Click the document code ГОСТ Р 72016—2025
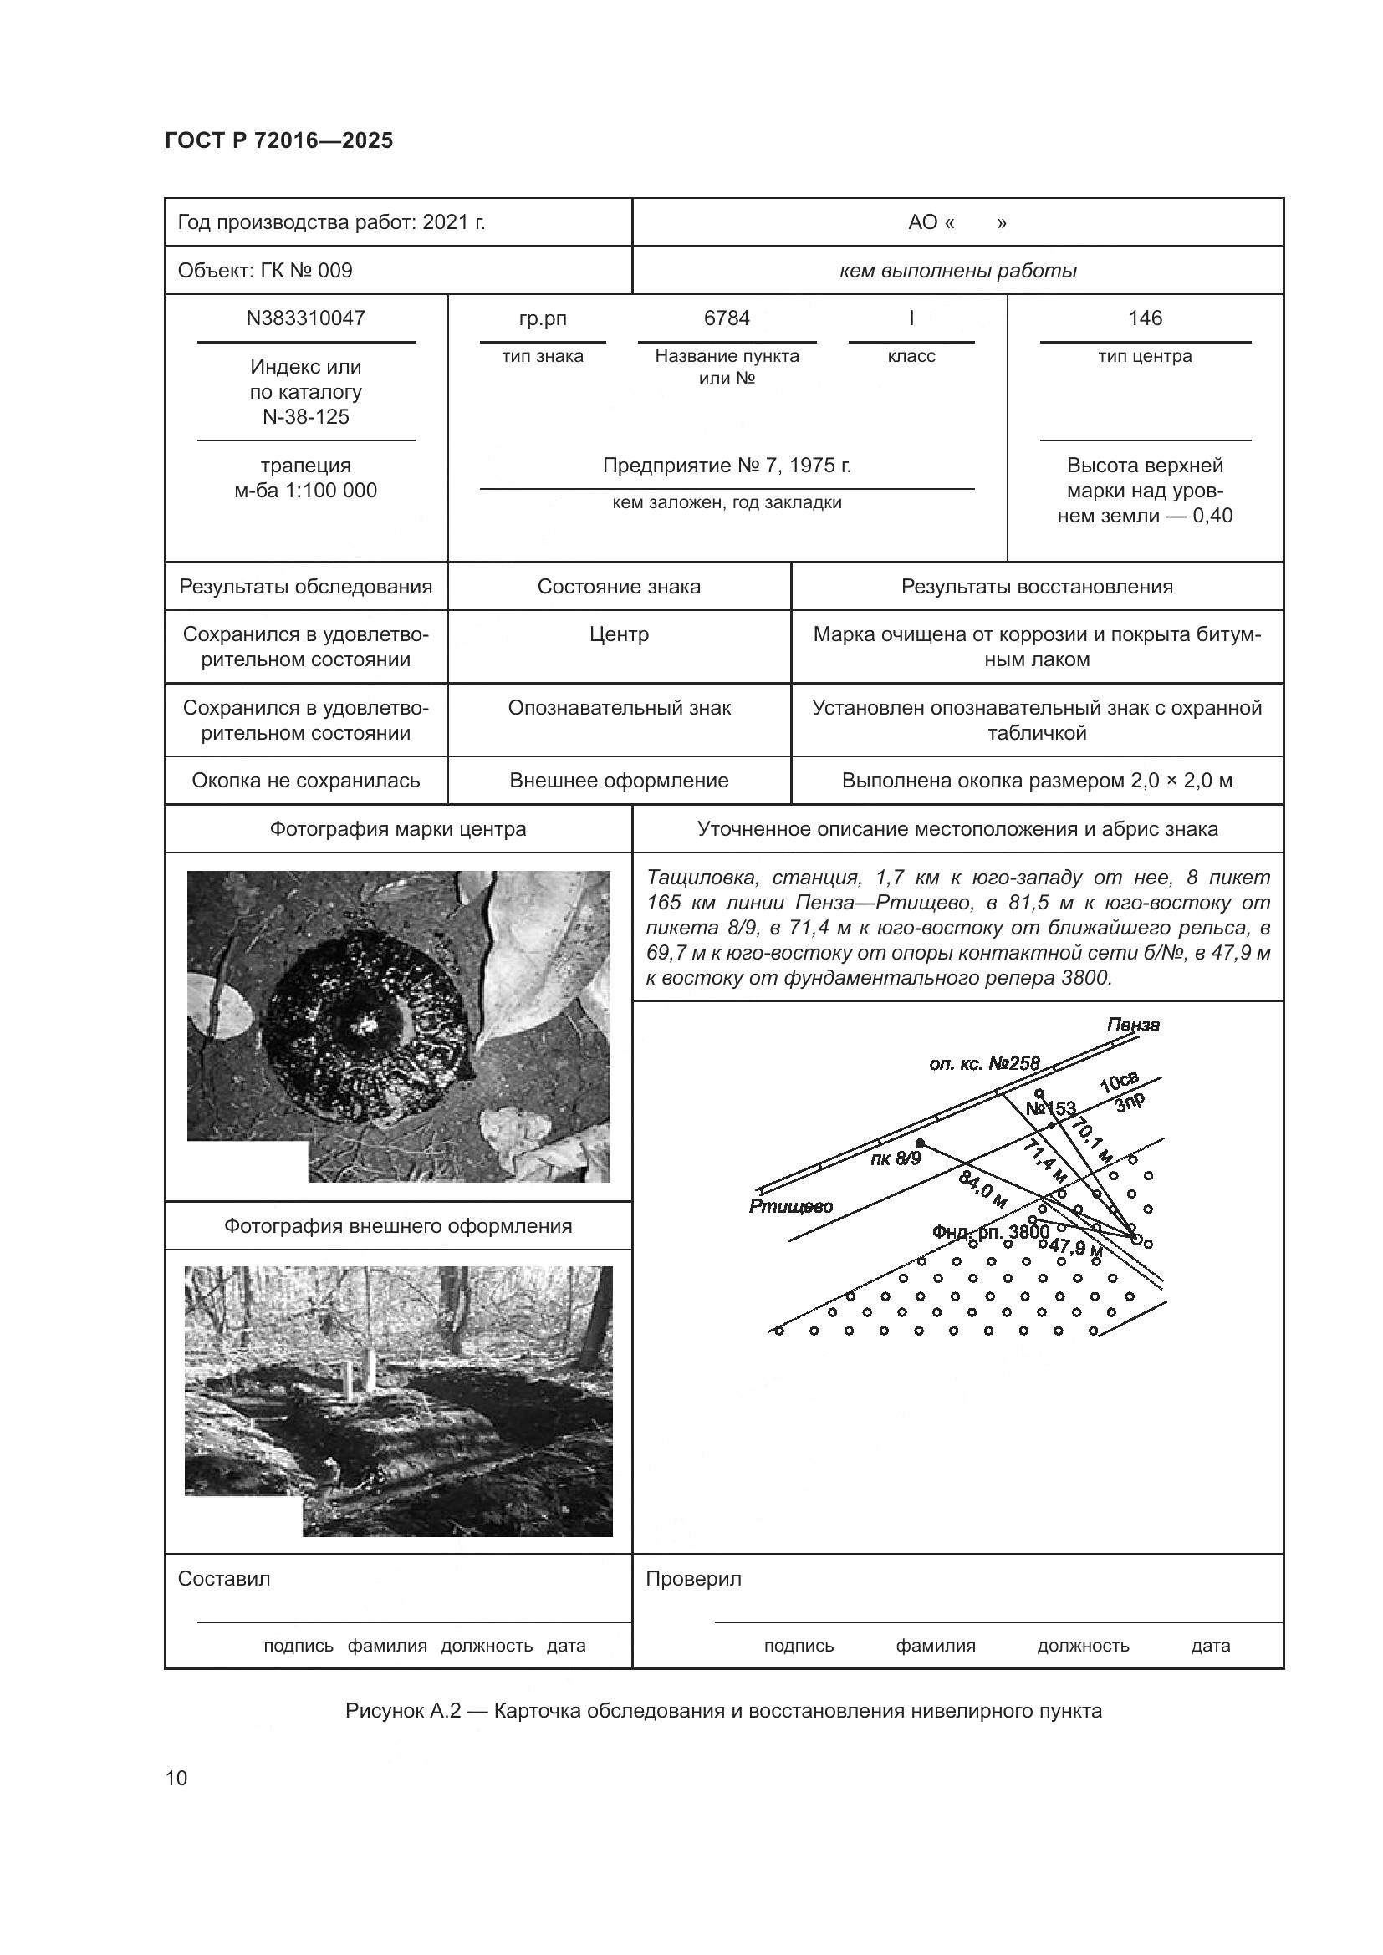pos(278,140)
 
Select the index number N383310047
pos(306,318)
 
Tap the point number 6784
pos(727,318)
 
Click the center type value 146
pos(1145,318)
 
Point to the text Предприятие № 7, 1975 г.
pos(727,466)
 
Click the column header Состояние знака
pos(619,587)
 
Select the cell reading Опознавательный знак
pos(619,709)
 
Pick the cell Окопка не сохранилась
pos(306,781)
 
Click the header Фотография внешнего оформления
pos(398,1226)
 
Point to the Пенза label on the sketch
pos(1133,1026)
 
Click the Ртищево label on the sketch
pos(790,1206)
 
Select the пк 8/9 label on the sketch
pos(895,1158)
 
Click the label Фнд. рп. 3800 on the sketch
pos(990,1232)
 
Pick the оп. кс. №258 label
pos(984,1063)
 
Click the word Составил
pos(224,1579)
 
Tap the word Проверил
pos(693,1579)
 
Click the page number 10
pos(176,1779)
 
